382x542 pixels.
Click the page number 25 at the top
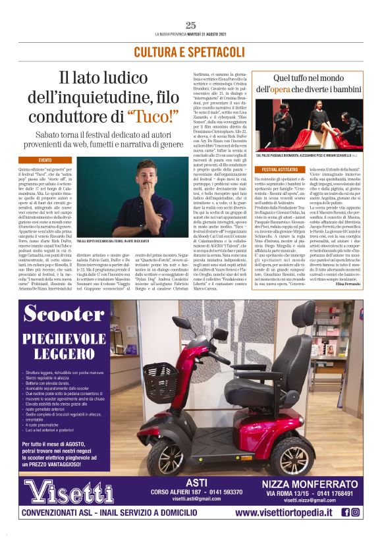tap(191, 25)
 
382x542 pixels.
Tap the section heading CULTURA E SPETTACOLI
tap(191, 51)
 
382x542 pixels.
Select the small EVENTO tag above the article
tap(45, 160)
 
